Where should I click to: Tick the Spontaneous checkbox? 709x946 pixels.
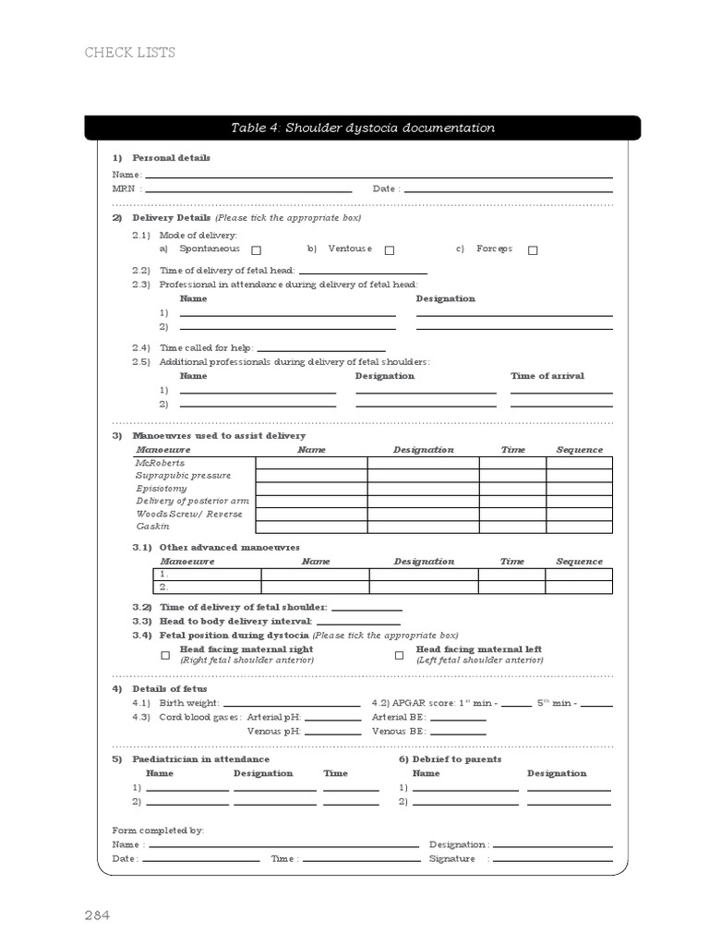(257, 250)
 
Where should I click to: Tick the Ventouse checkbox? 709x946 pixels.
(390, 250)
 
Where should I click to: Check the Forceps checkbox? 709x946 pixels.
(533, 250)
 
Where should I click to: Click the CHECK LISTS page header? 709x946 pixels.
(130, 53)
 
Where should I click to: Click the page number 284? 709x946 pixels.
(98, 916)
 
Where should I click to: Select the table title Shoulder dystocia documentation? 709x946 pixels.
(362, 128)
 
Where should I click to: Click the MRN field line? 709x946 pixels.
(248, 189)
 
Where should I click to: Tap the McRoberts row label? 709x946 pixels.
(161, 463)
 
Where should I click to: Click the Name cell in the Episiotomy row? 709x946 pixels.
(311, 489)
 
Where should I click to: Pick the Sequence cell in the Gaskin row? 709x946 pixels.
(579, 527)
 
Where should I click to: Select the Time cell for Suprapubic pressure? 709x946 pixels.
(512, 476)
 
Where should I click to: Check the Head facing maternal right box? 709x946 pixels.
(165, 655)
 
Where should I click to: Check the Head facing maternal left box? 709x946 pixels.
(400, 655)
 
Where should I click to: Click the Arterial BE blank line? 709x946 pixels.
(458, 719)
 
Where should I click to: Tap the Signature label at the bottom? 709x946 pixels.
(452, 859)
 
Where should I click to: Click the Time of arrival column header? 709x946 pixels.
(547, 376)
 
